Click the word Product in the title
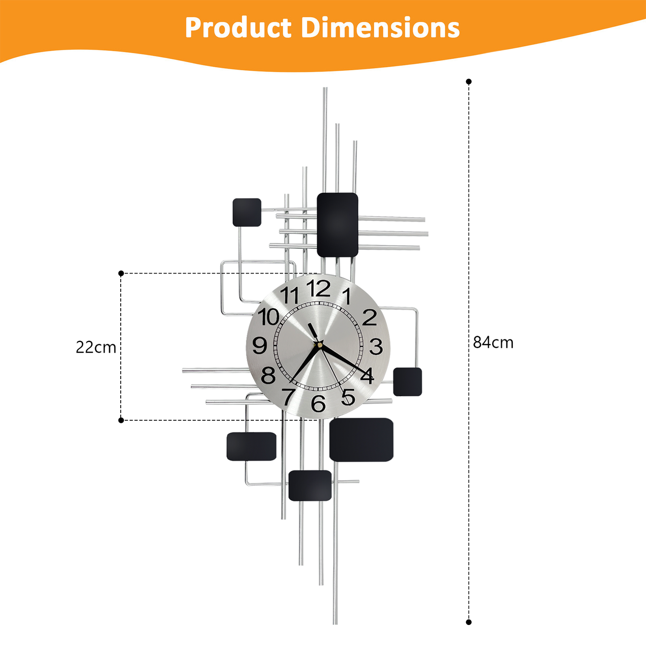(238, 28)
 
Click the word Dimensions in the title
(380, 28)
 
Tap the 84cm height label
(493, 342)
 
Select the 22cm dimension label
(96, 347)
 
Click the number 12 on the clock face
(318, 289)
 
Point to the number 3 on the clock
(376, 346)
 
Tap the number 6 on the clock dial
(318, 404)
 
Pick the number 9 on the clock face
(260, 346)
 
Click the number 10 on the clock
(269, 317)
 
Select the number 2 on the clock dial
(370, 317)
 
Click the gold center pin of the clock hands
(320, 344)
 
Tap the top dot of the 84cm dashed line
(469, 82)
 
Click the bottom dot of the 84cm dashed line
(469, 622)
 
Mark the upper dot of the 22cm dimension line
(121, 273)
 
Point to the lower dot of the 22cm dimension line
(121, 420)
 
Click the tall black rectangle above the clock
(338, 225)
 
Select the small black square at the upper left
(247, 212)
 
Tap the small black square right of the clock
(407, 382)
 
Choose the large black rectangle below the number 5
(361, 439)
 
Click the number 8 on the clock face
(268, 376)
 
